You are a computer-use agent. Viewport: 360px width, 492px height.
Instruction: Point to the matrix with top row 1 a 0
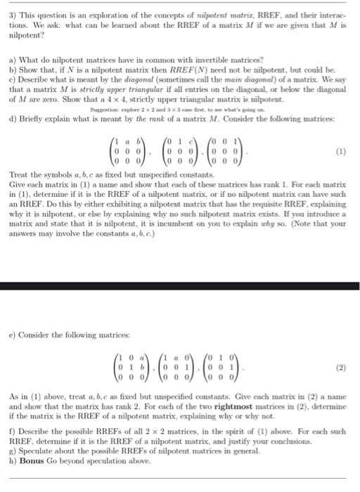pyautogui.click(x=186, y=366)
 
